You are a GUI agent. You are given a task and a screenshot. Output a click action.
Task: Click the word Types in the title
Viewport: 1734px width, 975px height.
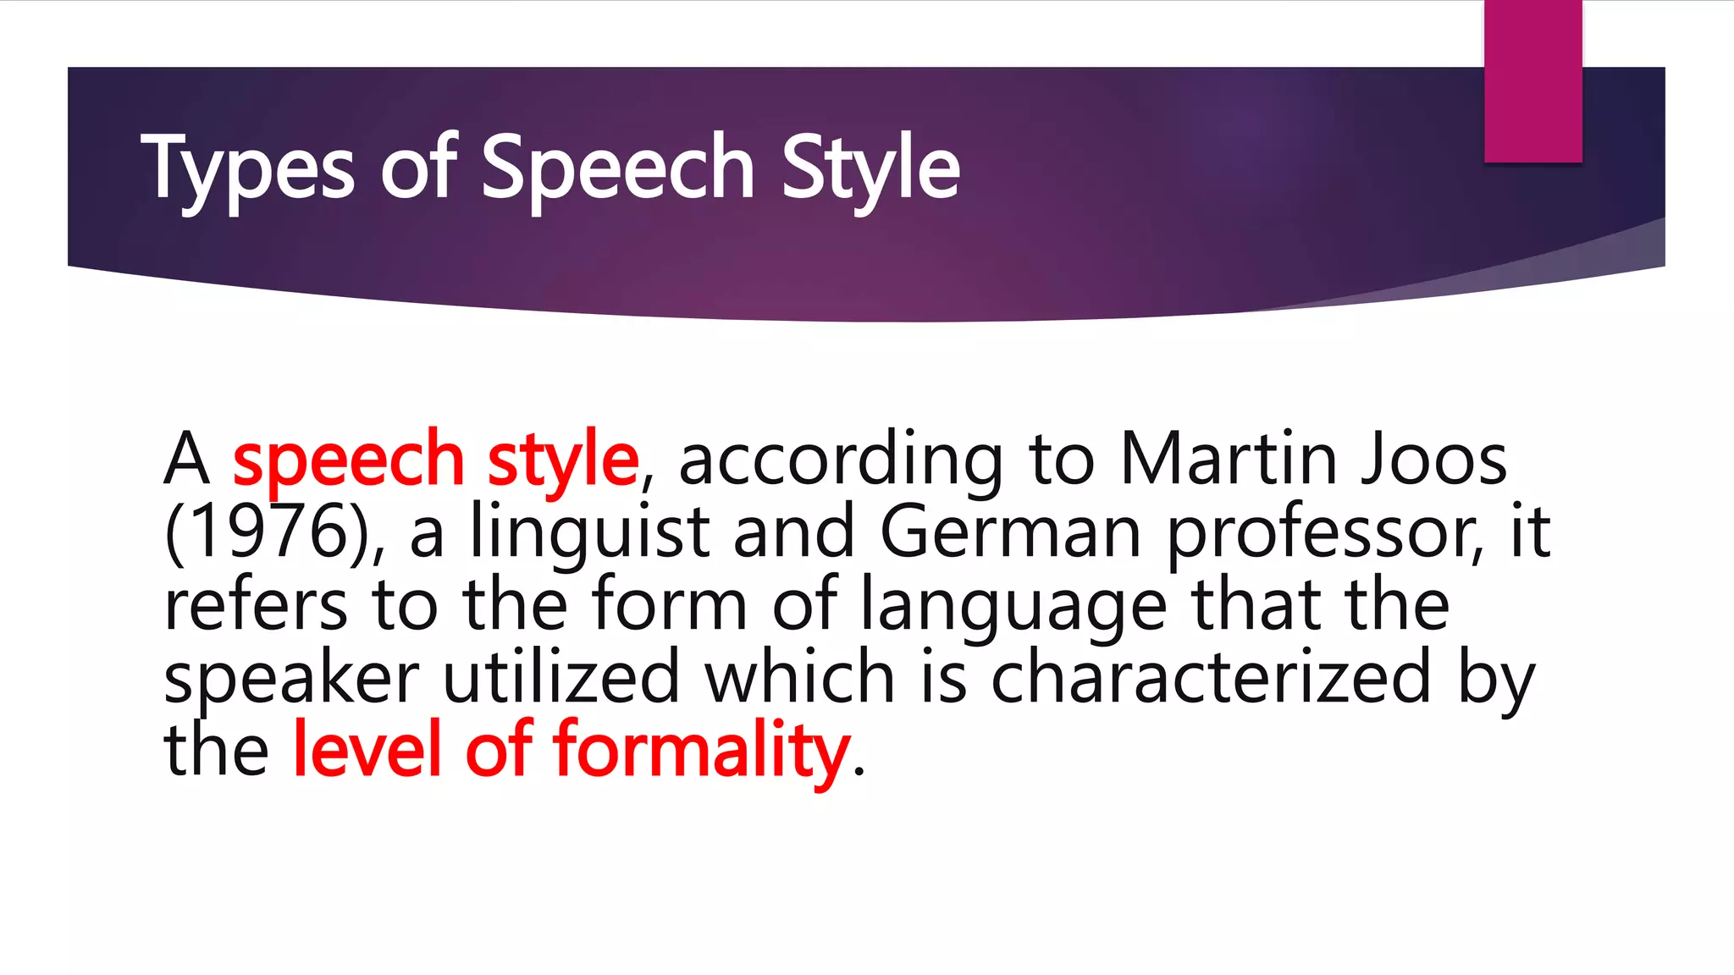coord(247,168)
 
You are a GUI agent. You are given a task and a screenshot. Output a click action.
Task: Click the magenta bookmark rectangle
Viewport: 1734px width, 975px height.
coord(1532,80)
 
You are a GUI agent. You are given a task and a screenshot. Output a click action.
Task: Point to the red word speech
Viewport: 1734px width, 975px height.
coord(348,460)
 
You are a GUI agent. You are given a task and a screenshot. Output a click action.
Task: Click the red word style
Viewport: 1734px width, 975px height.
coord(563,460)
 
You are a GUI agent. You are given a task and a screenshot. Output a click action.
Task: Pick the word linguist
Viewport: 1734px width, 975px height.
coord(590,533)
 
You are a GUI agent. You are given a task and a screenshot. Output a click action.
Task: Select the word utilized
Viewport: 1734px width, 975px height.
coord(561,676)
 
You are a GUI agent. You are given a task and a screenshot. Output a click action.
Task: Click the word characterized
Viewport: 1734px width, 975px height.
coord(1211,677)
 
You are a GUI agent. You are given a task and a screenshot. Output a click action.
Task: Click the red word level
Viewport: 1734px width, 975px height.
coord(367,748)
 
